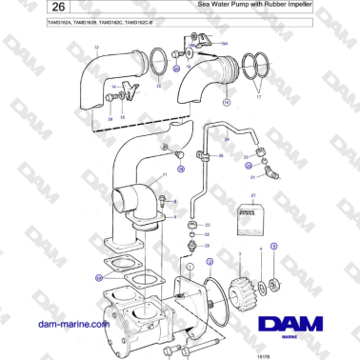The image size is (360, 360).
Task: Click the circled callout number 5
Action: [274, 245]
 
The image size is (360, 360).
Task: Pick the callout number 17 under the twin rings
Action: [255, 95]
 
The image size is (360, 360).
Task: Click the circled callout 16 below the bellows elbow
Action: [226, 101]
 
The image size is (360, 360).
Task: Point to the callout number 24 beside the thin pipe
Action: [227, 139]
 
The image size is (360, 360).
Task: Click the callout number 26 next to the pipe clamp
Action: [221, 155]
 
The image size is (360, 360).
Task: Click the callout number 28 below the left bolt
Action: [110, 118]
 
